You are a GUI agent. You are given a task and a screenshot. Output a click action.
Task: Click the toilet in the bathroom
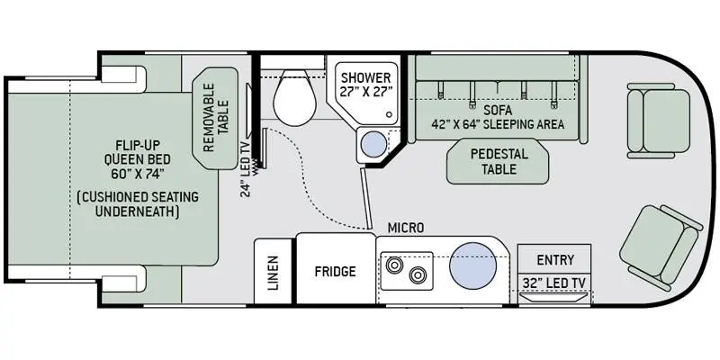[294, 98]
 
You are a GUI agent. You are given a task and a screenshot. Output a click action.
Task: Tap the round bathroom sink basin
[373, 144]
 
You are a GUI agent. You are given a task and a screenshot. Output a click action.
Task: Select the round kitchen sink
[472, 265]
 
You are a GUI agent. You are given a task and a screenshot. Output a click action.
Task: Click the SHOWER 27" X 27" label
[366, 84]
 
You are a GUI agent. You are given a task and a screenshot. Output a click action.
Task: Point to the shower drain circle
[390, 114]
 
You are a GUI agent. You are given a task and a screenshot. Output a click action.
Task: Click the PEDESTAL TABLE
[498, 161]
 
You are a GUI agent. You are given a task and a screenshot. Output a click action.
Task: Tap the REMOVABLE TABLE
[215, 118]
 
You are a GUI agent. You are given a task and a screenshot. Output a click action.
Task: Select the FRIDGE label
[335, 272]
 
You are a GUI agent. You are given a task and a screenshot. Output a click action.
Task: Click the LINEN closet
[273, 272]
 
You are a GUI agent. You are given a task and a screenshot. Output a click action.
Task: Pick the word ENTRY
[555, 260]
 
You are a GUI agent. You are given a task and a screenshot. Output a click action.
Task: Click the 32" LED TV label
[554, 283]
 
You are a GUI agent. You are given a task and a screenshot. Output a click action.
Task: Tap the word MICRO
[406, 228]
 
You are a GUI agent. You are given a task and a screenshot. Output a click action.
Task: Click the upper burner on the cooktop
[394, 265]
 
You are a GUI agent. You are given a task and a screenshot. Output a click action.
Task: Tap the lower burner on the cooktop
[418, 274]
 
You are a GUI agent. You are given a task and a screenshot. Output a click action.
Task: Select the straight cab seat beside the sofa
[658, 121]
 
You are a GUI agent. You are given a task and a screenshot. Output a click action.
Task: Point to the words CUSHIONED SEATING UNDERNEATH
[139, 204]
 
